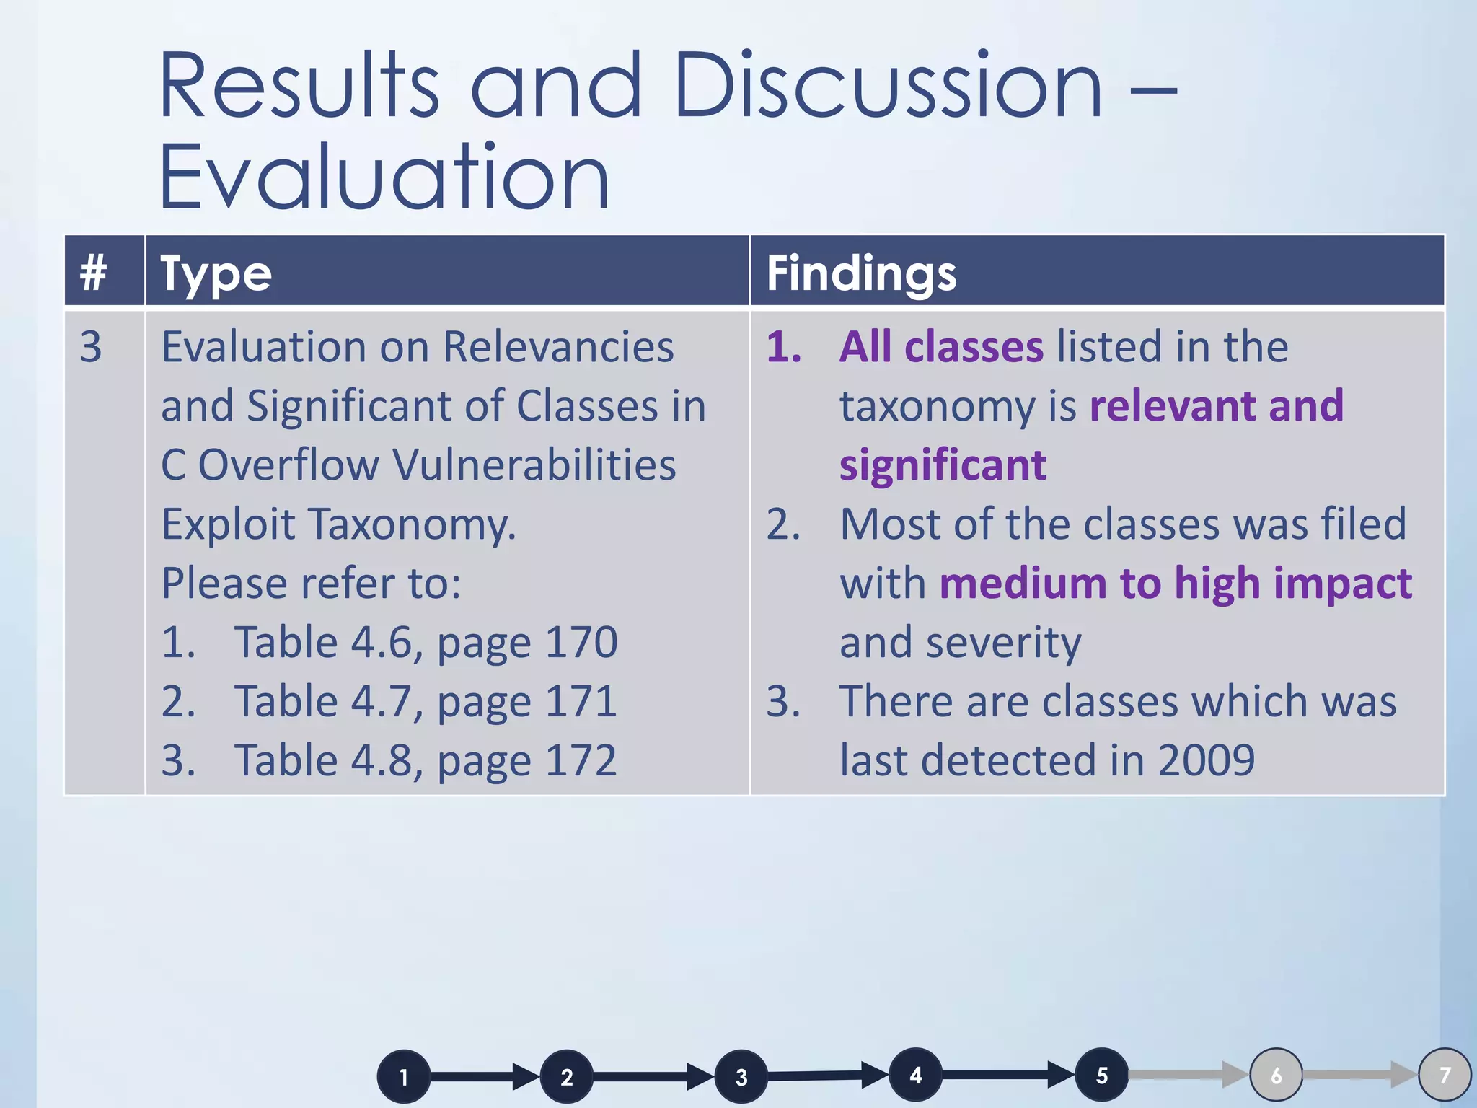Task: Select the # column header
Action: click(94, 273)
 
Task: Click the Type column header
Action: click(216, 273)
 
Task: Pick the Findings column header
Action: click(861, 273)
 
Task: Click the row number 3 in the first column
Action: click(91, 347)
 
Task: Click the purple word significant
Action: click(943, 465)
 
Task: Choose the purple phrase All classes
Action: click(941, 347)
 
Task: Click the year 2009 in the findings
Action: click(1206, 760)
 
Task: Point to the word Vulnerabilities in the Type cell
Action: click(535, 465)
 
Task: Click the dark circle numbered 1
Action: click(404, 1077)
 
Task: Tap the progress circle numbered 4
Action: click(915, 1075)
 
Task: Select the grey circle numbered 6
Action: click(1276, 1076)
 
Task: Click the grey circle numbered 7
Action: click(1445, 1076)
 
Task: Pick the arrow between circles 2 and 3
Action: click(653, 1077)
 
